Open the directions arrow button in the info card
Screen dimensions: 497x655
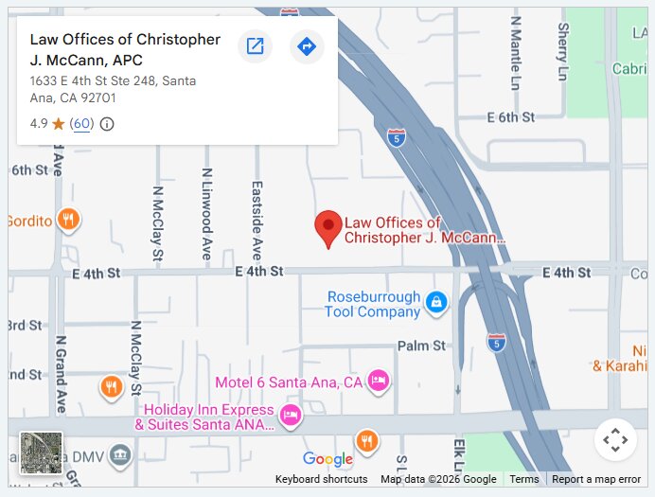(x=306, y=45)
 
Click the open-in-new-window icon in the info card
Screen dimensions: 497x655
(x=255, y=45)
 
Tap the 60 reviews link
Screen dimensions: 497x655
(x=81, y=124)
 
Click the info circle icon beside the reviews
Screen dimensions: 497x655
(x=107, y=124)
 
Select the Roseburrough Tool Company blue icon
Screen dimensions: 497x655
(x=436, y=302)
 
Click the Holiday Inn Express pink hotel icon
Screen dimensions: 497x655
(x=292, y=414)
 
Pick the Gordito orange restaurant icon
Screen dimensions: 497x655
(x=67, y=221)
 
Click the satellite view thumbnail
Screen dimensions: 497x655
(x=42, y=453)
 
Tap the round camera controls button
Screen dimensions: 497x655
(x=615, y=439)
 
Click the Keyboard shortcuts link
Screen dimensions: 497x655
(x=321, y=479)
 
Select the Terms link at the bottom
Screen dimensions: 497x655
(x=523, y=479)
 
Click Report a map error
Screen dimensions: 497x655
(x=596, y=479)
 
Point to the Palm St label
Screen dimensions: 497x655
(x=421, y=346)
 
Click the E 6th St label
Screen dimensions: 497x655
(x=510, y=117)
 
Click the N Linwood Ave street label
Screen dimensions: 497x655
(x=206, y=214)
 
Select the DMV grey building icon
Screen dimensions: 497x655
(x=120, y=455)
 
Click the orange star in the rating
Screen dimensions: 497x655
(x=59, y=124)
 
